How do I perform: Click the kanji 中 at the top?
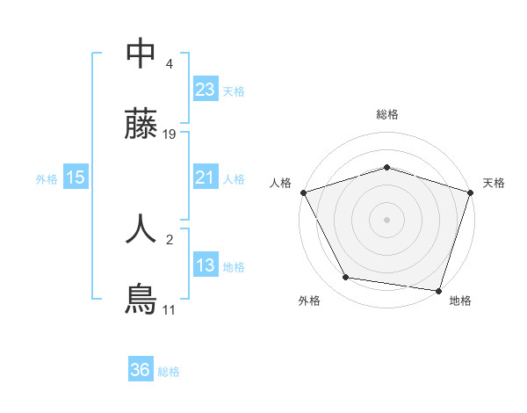[141, 54]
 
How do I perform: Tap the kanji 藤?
[141, 127]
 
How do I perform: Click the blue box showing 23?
[205, 90]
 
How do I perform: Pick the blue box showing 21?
[205, 178]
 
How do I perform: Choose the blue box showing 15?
[75, 178]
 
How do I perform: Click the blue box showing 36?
[140, 370]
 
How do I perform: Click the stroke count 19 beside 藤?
[170, 134]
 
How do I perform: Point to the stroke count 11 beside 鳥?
[169, 309]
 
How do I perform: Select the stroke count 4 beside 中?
[170, 63]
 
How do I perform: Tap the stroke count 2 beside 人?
[170, 237]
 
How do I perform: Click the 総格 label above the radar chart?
[386, 114]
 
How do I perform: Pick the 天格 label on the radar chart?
[494, 183]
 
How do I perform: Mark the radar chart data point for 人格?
[303, 192]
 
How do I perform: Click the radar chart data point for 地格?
[438, 290]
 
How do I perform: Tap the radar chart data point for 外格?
[346, 278]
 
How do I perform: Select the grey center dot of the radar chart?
[386, 220]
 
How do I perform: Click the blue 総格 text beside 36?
[169, 371]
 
